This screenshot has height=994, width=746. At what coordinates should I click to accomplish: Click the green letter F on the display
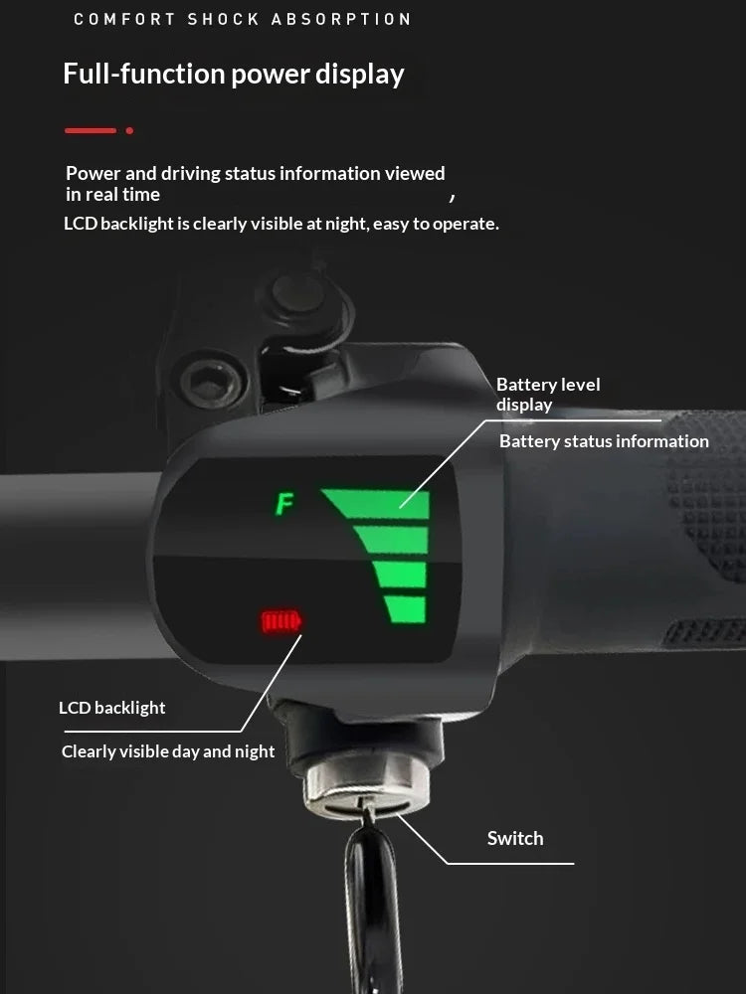284,504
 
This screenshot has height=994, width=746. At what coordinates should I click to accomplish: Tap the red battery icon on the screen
281,621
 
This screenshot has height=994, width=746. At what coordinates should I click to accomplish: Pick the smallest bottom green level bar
405,609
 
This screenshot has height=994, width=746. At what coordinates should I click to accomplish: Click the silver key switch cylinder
366,784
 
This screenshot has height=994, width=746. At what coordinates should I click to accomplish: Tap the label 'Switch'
515,838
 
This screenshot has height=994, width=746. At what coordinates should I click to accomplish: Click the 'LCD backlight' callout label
111,708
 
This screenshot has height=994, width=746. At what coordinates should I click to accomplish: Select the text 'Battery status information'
604,441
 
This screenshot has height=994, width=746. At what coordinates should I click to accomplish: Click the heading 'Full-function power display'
234,75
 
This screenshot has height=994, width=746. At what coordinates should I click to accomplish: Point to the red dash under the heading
91,130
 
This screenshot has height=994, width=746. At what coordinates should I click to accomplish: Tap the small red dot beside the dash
129,130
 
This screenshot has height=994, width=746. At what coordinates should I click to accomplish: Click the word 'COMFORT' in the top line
124,19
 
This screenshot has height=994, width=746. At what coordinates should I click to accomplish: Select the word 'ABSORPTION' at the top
340,19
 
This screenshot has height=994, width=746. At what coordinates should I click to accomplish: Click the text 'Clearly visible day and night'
168,751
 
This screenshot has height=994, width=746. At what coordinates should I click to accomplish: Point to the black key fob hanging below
373,907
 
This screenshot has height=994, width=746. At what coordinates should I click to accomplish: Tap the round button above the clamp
298,293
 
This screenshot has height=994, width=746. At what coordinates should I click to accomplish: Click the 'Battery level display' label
548,395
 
